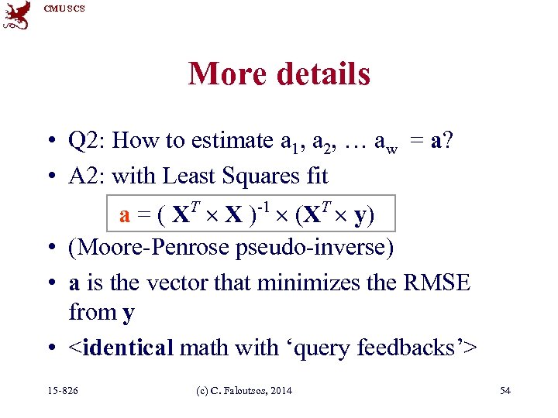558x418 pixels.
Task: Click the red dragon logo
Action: pyautogui.click(x=17, y=15)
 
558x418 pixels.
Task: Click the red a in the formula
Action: pyautogui.click(x=125, y=215)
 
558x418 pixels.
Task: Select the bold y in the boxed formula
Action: pyautogui.click(x=360, y=217)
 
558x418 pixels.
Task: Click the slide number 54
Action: pyautogui.click(x=505, y=391)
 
